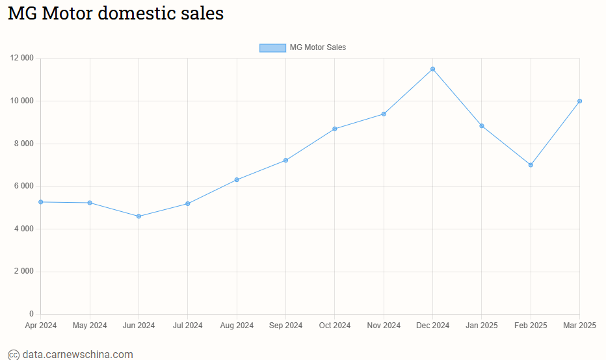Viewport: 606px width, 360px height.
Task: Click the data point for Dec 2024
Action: [432, 69]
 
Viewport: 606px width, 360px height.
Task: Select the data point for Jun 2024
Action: [138, 216]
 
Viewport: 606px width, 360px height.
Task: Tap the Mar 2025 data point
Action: [579, 101]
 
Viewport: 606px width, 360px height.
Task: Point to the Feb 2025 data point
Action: [531, 165]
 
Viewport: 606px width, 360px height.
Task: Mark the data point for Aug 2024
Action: [237, 179]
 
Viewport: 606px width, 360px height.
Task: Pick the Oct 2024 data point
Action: [334, 129]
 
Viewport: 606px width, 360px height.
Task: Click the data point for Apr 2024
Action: [40, 202]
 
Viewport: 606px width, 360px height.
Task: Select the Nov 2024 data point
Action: [384, 114]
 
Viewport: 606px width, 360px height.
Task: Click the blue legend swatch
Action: [272, 47]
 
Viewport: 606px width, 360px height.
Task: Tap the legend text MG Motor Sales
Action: [317, 47]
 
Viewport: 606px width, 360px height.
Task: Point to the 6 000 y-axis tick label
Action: [23, 186]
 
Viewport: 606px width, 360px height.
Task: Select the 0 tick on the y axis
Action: [31, 314]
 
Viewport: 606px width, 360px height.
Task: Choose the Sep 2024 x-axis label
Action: [285, 325]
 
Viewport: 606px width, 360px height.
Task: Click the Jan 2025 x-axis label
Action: [482, 325]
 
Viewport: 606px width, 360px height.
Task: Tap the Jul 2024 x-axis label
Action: [187, 325]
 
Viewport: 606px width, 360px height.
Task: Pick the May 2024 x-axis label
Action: [90, 325]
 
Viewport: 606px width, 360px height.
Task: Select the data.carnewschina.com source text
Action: [77, 354]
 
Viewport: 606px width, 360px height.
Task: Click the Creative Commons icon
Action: [13, 355]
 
